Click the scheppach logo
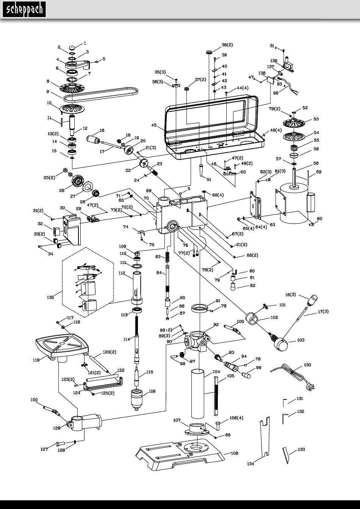coord(24,9)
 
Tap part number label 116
coord(152,391)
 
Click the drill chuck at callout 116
coord(137,400)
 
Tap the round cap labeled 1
coord(72,48)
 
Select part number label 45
coord(154,125)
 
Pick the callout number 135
coord(50,297)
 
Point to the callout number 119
coord(36,360)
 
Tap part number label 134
coord(250,464)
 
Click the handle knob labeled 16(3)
coord(313,300)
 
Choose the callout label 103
coord(301,340)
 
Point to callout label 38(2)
coord(227,45)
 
